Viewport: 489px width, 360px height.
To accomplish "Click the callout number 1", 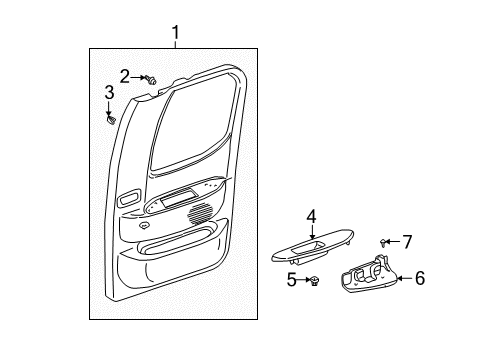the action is click(x=176, y=33).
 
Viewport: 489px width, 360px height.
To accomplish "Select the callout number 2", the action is click(x=125, y=77).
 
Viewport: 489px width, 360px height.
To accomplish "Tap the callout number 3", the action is click(x=109, y=93).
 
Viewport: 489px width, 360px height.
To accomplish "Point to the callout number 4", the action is click(x=311, y=217).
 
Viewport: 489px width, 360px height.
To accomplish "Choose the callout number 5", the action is click(x=291, y=279).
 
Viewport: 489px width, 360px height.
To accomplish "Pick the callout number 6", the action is click(x=420, y=278).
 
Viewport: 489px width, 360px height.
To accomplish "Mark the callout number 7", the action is click(x=407, y=242).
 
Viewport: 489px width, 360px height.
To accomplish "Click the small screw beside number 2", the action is click(x=151, y=79).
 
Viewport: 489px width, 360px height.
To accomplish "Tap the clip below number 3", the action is click(x=111, y=119).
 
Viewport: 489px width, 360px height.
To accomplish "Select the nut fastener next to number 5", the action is click(x=314, y=281).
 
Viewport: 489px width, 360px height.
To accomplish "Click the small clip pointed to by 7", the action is click(x=384, y=242).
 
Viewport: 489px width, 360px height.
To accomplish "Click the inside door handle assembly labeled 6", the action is click(x=369, y=275).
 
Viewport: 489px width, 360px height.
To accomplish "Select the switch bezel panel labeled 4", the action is click(x=312, y=247).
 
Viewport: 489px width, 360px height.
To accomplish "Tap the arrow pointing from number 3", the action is click(x=109, y=108).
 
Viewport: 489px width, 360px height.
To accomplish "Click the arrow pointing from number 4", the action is click(x=312, y=232).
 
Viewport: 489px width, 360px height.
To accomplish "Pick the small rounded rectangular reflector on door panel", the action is click(x=129, y=198).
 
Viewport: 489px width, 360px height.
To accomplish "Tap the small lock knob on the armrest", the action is click(x=144, y=225).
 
